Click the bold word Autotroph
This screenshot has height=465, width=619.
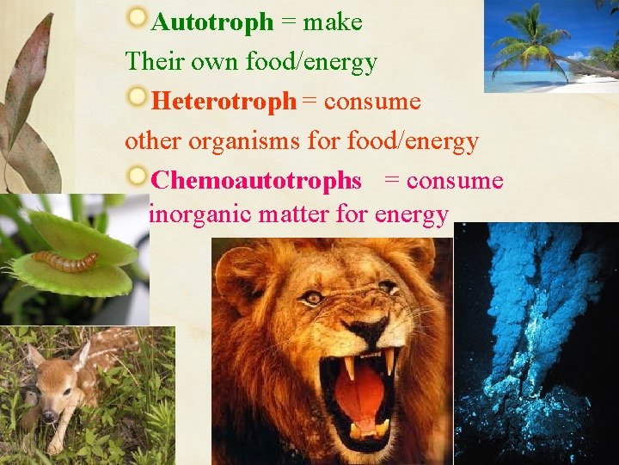click(x=211, y=22)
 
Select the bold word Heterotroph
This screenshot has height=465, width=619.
click(x=223, y=102)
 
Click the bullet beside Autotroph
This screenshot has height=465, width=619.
click(x=137, y=16)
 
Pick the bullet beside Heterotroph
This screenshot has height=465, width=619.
click(x=137, y=97)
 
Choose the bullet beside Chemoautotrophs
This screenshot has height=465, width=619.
click(x=137, y=176)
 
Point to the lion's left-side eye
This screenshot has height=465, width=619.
click(x=314, y=297)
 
